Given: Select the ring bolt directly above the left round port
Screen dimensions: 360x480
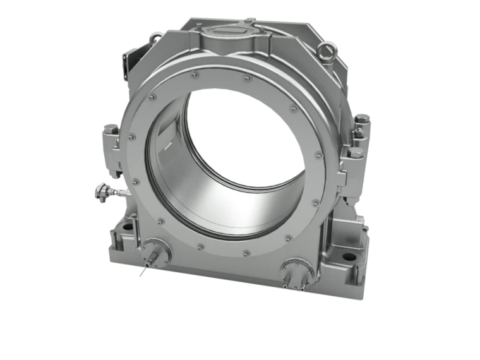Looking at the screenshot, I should (x=161, y=221).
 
